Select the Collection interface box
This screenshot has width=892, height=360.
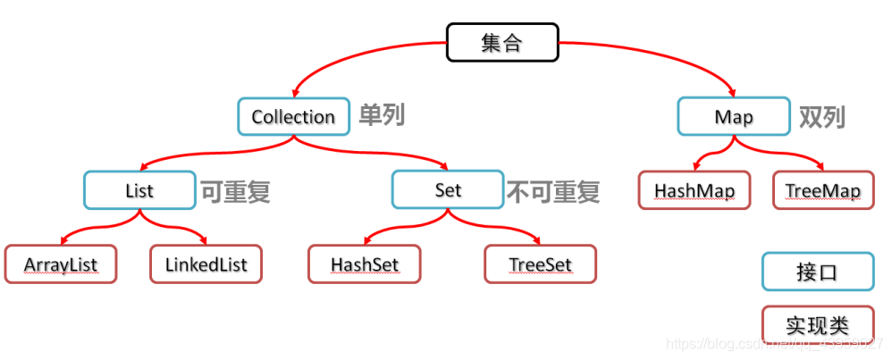click(293, 116)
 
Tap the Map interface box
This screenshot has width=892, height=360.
click(733, 117)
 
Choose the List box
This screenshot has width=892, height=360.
click(139, 190)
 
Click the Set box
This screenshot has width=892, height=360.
click(448, 190)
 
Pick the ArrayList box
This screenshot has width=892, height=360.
click(61, 264)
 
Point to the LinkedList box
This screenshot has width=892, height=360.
click(206, 264)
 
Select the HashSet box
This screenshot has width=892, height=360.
click(364, 264)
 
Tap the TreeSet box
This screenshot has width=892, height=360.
click(540, 264)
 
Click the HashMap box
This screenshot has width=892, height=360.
click(694, 191)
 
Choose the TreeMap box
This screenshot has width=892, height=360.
click(822, 191)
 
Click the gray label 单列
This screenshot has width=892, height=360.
click(382, 115)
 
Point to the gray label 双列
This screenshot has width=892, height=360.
click(821, 116)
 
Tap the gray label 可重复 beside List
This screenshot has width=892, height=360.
click(234, 190)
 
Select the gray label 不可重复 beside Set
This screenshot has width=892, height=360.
click(553, 190)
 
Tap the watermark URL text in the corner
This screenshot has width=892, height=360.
click(778, 344)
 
